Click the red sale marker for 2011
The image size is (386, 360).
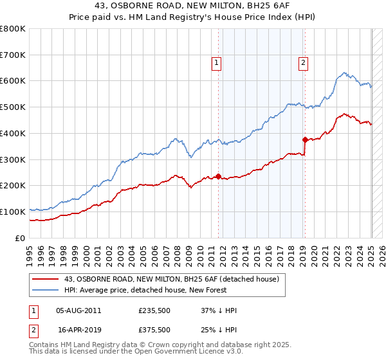click(219, 176)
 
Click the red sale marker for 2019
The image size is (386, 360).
click(305, 139)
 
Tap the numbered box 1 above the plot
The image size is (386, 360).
click(216, 63)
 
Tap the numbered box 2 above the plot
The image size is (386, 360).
click(302, 63)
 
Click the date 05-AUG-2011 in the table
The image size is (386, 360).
click(78, 310)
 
